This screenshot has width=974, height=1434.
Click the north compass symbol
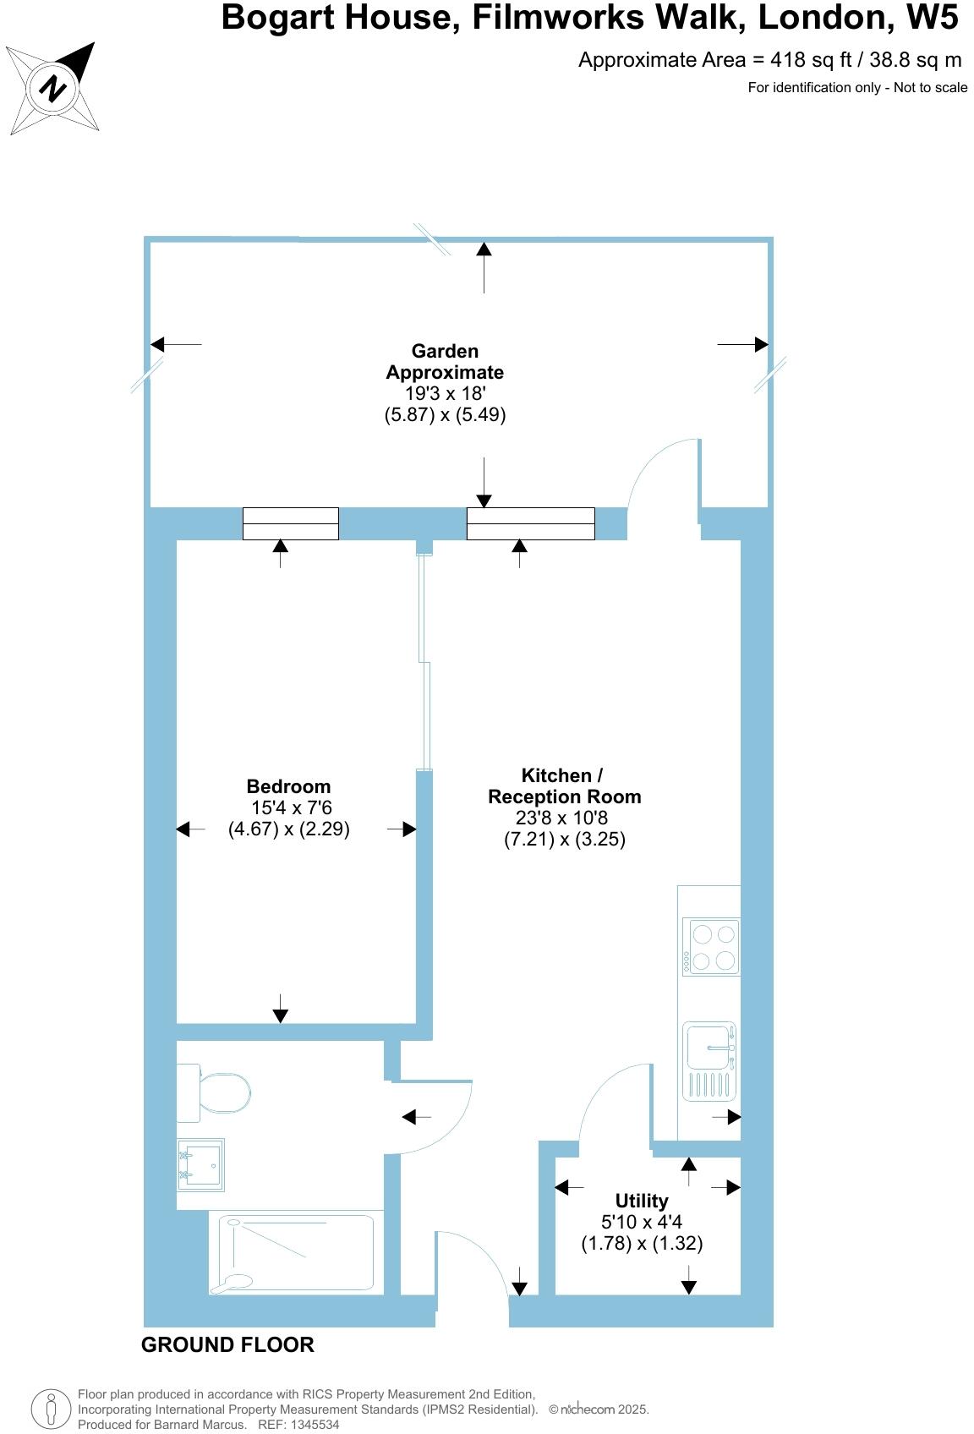point(54,89)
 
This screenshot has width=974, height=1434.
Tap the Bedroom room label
point(288,786)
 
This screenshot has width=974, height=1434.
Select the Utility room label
point(642,1201)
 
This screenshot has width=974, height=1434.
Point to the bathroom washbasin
point(201,1164)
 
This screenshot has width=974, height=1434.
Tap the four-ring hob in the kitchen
point(712,946)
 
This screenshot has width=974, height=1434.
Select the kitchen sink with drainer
point(709,1061)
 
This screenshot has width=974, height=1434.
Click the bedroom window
point(291,523)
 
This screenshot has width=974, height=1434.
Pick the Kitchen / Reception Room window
point(531,523)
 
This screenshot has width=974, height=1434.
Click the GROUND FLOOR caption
point(227,1344)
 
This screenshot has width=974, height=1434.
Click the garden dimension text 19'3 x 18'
point(446,393)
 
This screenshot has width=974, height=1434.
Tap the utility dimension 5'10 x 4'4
point(642,1222)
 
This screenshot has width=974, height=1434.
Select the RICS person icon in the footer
point(51,1409)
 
